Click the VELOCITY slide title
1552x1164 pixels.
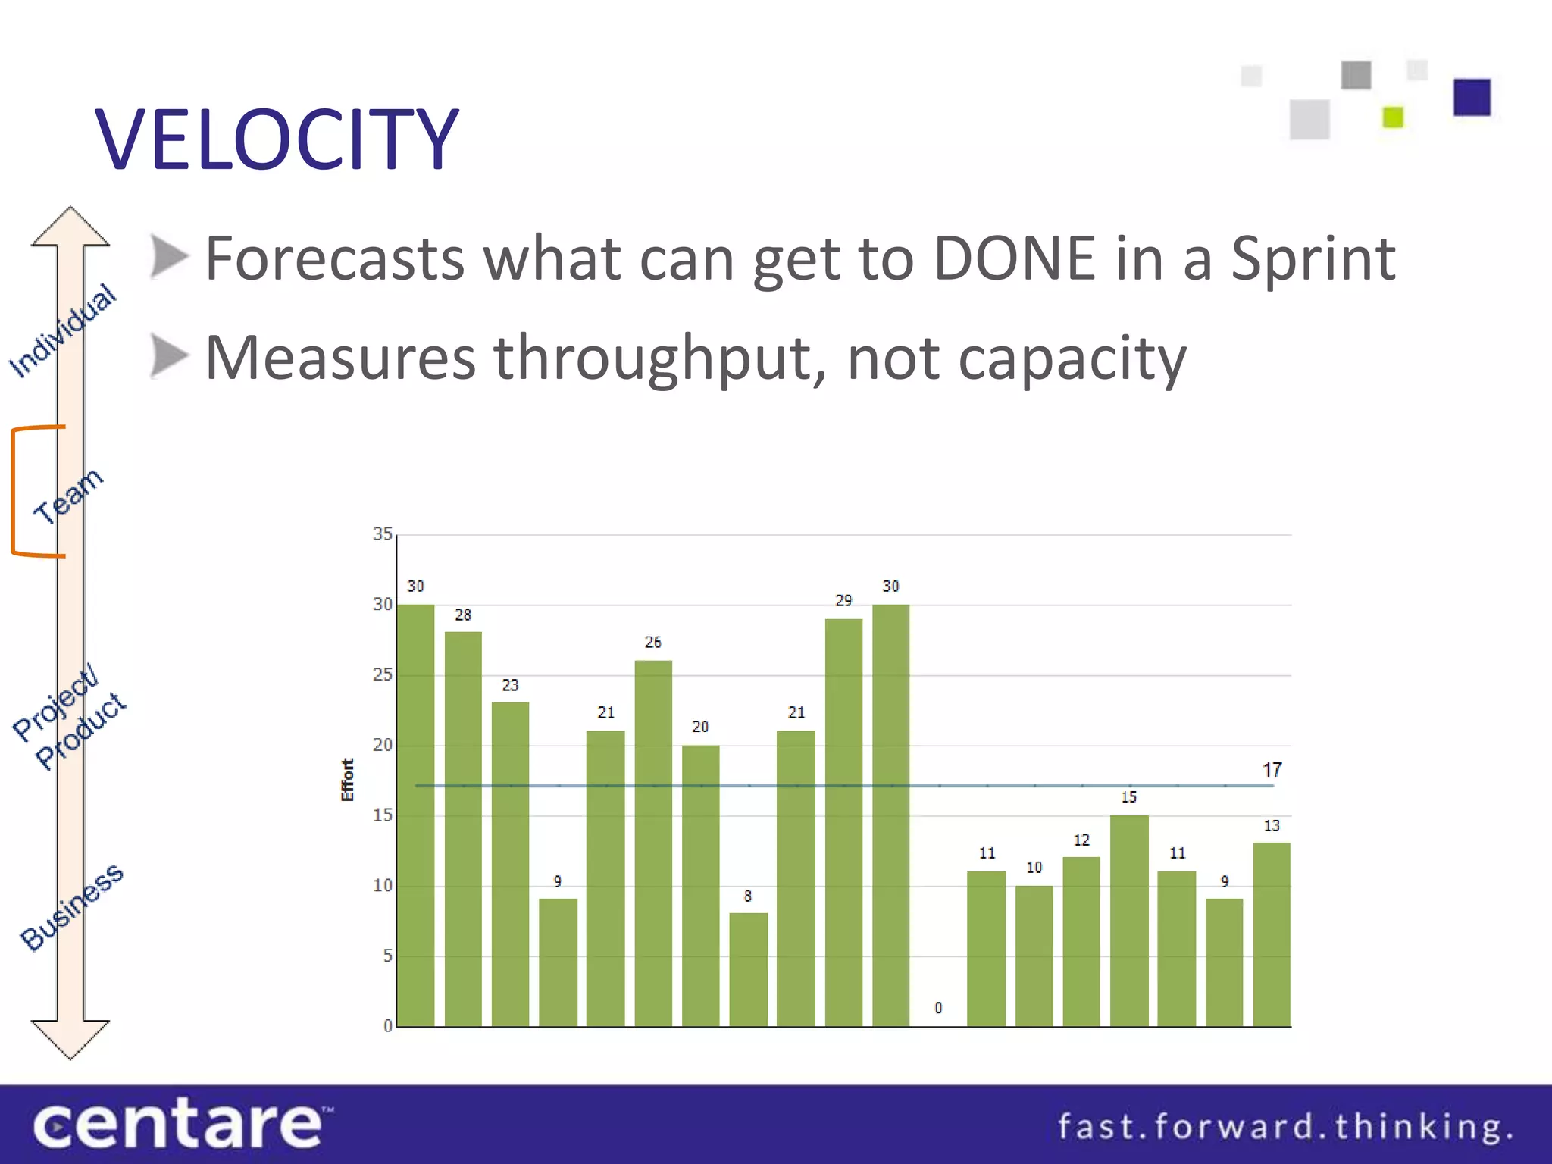277,139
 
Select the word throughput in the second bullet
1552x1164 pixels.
659,358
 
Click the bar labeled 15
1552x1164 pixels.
1129,920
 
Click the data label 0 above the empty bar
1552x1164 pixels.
938,1008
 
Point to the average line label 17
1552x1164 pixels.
1272,770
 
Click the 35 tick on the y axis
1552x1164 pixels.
383,534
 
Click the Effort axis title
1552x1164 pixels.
347,780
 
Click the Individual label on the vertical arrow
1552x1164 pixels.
63,330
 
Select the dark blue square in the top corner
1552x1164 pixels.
1472,97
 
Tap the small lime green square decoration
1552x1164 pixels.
1393,117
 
